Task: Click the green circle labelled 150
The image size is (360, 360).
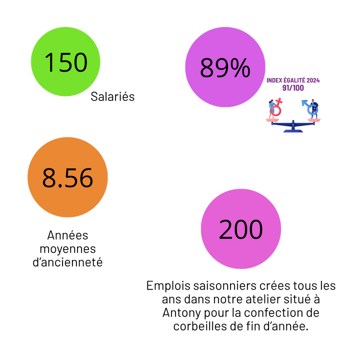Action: (65, 61)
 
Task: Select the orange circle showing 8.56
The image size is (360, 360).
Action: (67, 177)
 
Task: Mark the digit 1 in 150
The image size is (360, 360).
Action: (49, 63)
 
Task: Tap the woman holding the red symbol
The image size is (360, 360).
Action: (271, 107)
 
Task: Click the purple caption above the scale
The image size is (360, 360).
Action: (293, 83)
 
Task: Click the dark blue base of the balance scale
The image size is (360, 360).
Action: (293, 130)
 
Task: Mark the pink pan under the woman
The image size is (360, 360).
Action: (272, 119)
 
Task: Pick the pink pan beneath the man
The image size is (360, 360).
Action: (313, 119)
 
